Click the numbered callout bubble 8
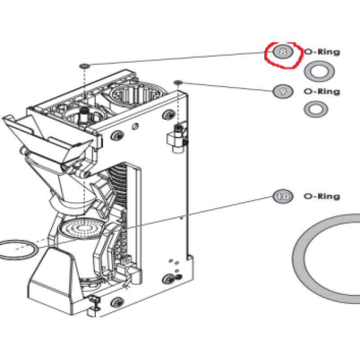[x=283, y=52]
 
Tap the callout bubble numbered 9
[x=283, y=91]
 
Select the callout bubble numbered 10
[x=283, y=196]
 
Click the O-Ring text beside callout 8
[x=322, y=52]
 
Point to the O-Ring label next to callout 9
[x=322, y=92]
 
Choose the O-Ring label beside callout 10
[x=322, y=197]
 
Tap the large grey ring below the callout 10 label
[x=298, y=258]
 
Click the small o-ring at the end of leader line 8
[x=85, y=66]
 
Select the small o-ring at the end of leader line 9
[x=178, y=82]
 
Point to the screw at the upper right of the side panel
[x=168, y=115]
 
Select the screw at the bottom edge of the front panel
[x=117, y=302]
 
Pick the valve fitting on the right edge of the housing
[x=177, y=138]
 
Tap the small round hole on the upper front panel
[x=135, y=126]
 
